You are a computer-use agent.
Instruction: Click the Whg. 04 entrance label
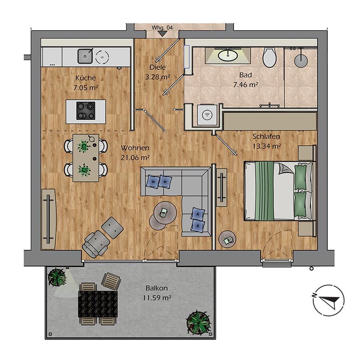[162, 27]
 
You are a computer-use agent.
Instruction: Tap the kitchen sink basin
[84, 56]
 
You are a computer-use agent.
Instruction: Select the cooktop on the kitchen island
[85, 111]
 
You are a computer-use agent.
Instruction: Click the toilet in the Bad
[269, 58]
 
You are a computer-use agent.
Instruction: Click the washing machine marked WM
[207, 115]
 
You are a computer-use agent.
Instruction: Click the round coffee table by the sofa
[164, 213]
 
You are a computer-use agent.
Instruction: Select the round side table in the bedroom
[227, 238]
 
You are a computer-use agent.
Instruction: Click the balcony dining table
[98, 303]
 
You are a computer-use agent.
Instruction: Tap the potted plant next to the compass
[197, 321]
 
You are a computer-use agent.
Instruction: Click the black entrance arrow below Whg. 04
[162, 34]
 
